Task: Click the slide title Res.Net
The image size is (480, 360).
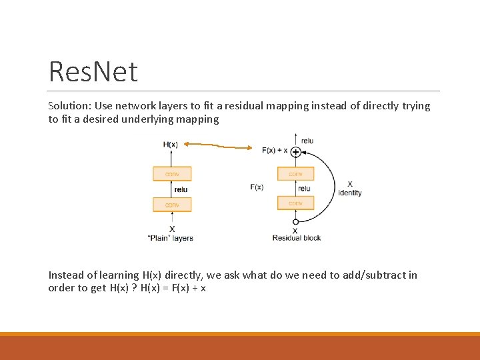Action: coord(93,71)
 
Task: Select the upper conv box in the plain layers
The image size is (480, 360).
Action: coord(172,174)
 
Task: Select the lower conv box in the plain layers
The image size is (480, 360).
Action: coord(172,205)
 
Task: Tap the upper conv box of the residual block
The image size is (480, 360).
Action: coord(295,174)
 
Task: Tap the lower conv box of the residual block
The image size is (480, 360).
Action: coord(295,203)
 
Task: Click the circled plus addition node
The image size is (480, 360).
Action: coord(295,153)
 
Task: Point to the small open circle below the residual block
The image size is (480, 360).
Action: coord(295,221)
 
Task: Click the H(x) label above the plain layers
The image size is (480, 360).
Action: coord(170,144)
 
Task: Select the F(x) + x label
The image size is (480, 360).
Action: coord(275,151)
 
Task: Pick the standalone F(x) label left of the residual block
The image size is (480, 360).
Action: coord(257,187)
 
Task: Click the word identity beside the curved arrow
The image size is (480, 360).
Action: coord(349,193)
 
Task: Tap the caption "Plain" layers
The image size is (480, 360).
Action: coord(170,238)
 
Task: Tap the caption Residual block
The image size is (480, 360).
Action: coord(297,238)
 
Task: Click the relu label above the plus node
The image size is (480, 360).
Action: coord(307,141)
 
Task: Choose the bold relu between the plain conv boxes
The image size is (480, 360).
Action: coord(181,189)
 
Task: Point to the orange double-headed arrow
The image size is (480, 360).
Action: coord(218,145)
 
